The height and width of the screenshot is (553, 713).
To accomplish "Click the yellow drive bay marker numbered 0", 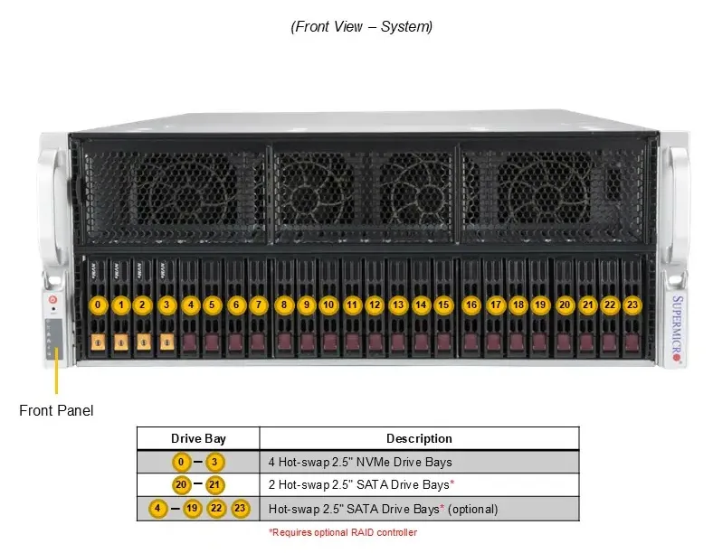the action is pos(98,305).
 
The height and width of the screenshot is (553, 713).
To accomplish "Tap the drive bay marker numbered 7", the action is pos(259,305).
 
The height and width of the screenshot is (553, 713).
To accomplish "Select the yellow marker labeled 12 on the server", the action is pos(375,305).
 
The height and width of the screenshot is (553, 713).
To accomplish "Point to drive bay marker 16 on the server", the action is pos(471,305).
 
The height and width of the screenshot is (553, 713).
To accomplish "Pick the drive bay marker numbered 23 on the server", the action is pos(632,305).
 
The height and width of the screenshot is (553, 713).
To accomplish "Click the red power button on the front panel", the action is pos(53,300).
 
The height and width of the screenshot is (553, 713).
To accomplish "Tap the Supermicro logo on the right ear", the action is pos(677,328).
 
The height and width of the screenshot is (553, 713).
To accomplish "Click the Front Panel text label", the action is pos(56,410).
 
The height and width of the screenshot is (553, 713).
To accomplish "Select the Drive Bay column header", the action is pos(198,438).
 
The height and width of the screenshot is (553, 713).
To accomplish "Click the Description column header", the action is pos(419,438).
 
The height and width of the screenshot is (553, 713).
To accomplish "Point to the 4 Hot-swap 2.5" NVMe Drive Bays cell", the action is pos(360,463).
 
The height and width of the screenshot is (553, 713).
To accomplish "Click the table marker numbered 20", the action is pos(181,485).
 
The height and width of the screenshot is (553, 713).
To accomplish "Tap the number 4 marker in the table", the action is pos(157,508).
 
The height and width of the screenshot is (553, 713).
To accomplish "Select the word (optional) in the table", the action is pos(473,509).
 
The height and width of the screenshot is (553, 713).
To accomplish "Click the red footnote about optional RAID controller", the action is pos(343,532).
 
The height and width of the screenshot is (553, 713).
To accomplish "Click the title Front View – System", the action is pos(362,26).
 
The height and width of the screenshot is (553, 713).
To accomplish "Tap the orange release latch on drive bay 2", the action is pos(144,342).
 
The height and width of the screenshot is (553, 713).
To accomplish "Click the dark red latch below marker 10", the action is pos(329,342).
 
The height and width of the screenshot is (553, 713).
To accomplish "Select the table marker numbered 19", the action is pos(192,508).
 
